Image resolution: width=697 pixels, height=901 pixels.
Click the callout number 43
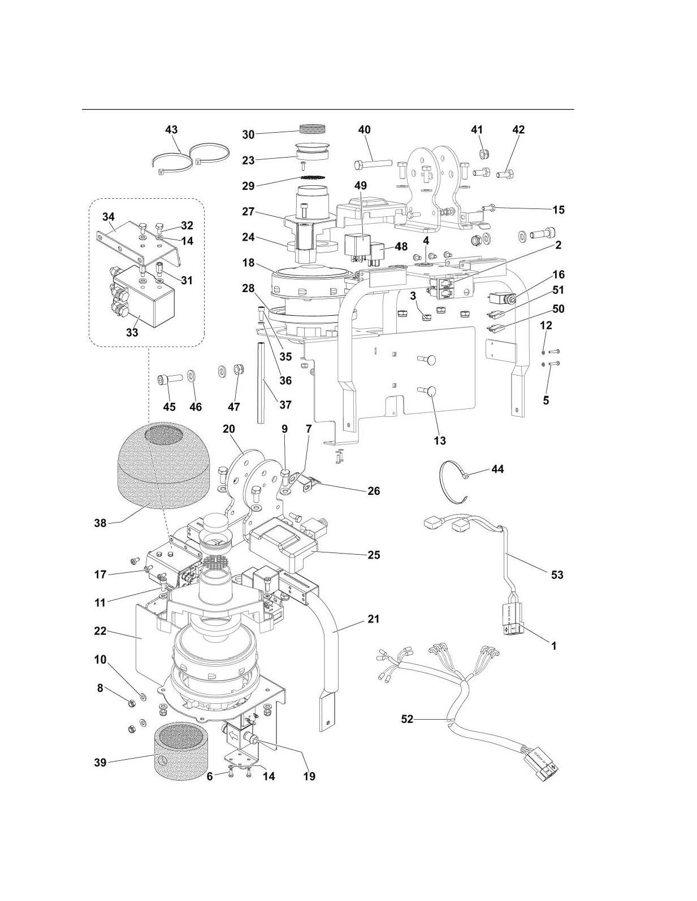[x=171, y=129]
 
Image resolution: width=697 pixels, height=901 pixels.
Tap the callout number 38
[x=100, y=523]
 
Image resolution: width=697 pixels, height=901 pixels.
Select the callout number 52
[x=407, y=719]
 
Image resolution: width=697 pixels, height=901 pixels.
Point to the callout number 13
[x=440, y=441]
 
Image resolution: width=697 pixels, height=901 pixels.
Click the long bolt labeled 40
[x=373, y=164]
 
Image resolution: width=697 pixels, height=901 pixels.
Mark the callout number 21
[x=374, y=619]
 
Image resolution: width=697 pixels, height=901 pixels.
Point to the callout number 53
[x=557, y=574]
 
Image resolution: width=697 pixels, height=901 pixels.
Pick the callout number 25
[x=374, y=555]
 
